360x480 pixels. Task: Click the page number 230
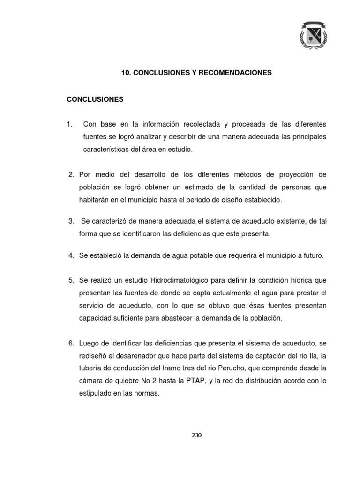point(196,435)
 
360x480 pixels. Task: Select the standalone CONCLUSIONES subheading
point(95,99)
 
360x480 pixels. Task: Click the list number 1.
point(70,124)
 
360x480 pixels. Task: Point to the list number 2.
point(72,174)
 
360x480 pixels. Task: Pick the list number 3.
point(72,220)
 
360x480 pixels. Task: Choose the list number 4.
point(72,255)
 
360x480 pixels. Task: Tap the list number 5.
point(72,280)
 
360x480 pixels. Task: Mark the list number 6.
point(72,343)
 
